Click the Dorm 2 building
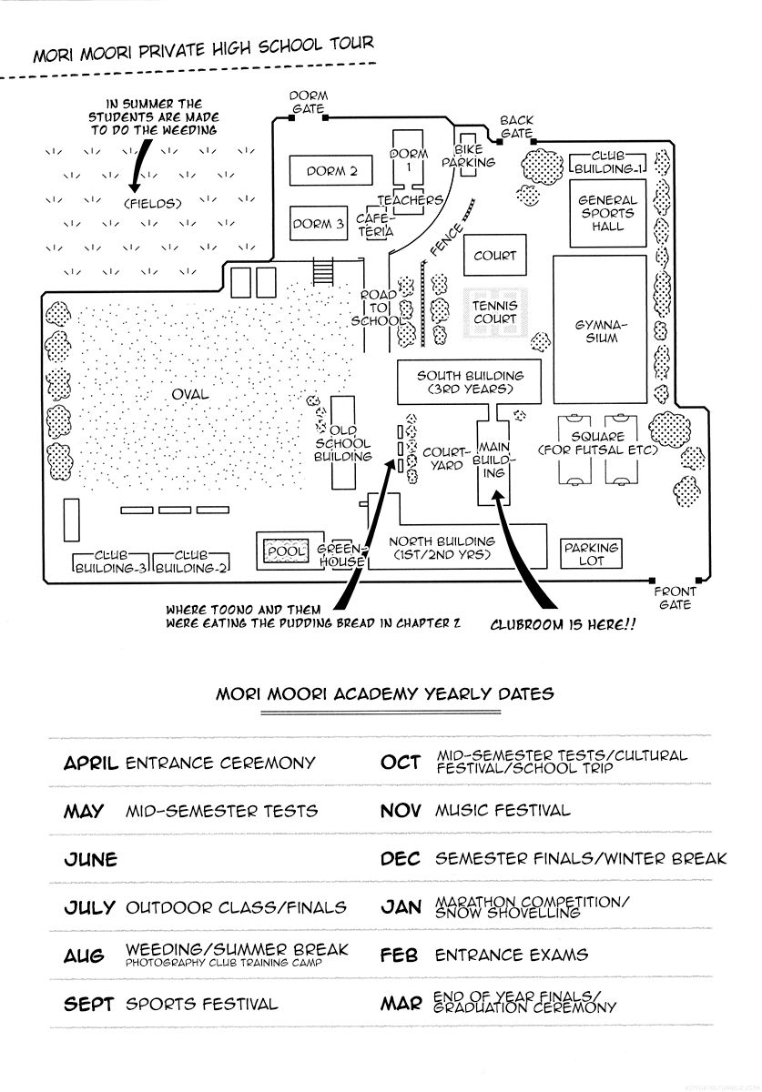coord(326,170)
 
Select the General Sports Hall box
coord(607,213)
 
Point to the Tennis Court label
coord(494,312)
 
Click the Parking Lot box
coord(591,554)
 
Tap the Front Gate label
coord(675,598)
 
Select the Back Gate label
coord(516,126)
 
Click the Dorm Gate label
coord(309,101)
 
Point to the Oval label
coord(189,394)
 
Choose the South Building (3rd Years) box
coord(470,382)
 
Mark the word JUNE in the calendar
coord(91,859)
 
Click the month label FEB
coord(401,955)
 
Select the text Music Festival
coord(503,810)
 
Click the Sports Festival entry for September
coord(201,1005)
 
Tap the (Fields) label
coord(153,204)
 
